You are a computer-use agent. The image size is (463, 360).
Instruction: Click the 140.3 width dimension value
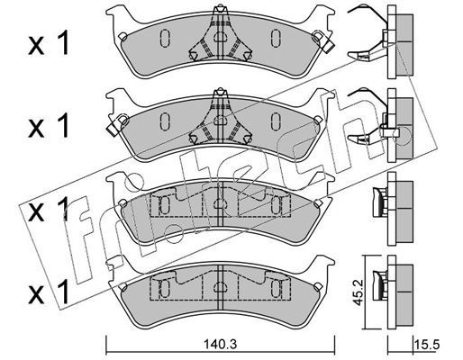pyautogui.click(x=220, y=344)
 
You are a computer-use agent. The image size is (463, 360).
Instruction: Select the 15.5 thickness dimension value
pyautogui.click(x=427, y=344)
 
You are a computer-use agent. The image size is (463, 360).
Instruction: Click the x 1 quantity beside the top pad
pyautogui.click(x=49, y=44)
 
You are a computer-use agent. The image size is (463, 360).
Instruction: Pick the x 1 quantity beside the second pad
pyautogui.click(x=49, y=126)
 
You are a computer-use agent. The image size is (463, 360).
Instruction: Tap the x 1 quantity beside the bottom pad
pyautogui.click(x=49, y=292)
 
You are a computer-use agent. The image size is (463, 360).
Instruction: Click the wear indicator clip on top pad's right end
pyautogui.click(x=323, y=41)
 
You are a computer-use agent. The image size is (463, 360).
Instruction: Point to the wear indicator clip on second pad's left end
pyautogui.click(x=117, y=124)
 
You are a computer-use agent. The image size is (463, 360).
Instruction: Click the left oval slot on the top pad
pyautogui.click(x=165, y=39)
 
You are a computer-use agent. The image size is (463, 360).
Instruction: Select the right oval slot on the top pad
pyautogui.click(x=276, y=39)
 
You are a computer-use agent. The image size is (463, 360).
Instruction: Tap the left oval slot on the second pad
pyautogui.click(x=165, y=121)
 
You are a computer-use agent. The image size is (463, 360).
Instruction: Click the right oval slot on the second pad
pyautogui.click(x=276, y=121)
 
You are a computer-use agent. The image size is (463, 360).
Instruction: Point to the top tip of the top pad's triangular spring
pyautogui.click(x=221, y=5)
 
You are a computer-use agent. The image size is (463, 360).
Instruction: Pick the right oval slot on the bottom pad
pyautogui.click(x=276, y=288)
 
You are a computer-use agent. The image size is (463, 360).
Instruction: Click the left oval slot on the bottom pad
pyautogui.click(x=165, y=288)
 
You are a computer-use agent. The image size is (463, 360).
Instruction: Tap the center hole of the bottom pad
pyautogui.click(x=221, y=288)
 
